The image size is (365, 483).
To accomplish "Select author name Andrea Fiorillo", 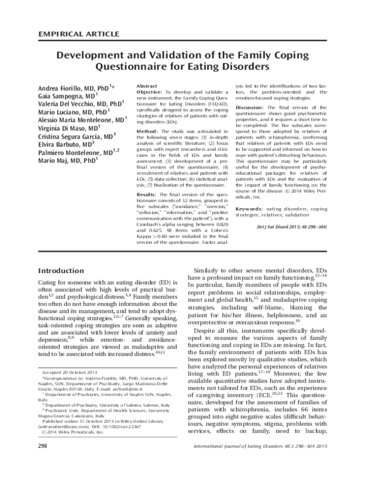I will coord(62,88).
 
